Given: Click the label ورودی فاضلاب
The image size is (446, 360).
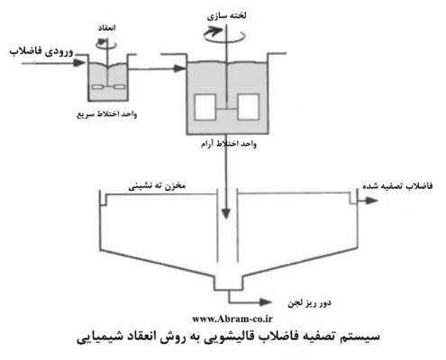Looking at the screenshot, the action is click(x=41, y=51).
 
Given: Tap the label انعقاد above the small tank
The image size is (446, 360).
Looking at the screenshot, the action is click(x=106, y=28).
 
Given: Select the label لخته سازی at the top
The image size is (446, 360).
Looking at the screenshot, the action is click(x=226, y=16).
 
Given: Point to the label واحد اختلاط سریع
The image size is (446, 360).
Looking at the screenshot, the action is click(x=107, y=114).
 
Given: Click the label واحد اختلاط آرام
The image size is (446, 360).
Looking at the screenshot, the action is click(x=229, y=144).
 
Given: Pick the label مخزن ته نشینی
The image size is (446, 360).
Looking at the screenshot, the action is click(x=157, y=186).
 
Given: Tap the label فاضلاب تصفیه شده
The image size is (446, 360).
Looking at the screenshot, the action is click(x=397, y=186).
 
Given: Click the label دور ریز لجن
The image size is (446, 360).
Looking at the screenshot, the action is click(x=309, y=303).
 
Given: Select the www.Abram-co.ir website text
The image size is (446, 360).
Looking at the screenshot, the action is click(x=232, y=319).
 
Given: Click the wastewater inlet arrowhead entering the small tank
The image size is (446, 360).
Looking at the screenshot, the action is click(x=79, y=63).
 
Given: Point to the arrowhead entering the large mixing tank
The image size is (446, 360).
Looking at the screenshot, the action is click(x=180, y=68).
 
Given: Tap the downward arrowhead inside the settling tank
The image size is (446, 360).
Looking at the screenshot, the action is click(x=226, y=214).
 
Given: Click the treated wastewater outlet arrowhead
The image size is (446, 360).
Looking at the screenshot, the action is click(x=372, y=201).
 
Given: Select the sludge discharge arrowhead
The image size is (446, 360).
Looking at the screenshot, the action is click(x=266, y=302).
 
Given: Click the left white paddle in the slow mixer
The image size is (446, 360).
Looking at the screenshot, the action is click(x=205, y=107).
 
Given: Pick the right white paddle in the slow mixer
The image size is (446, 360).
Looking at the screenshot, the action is click(x=249, y=107).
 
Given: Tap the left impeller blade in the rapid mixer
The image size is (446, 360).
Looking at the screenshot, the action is click(x=98, y=87).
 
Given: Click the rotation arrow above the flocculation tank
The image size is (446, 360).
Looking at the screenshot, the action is click(x=224, y=35).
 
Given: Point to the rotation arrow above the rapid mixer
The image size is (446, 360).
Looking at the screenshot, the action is click(x=106, y=44).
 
